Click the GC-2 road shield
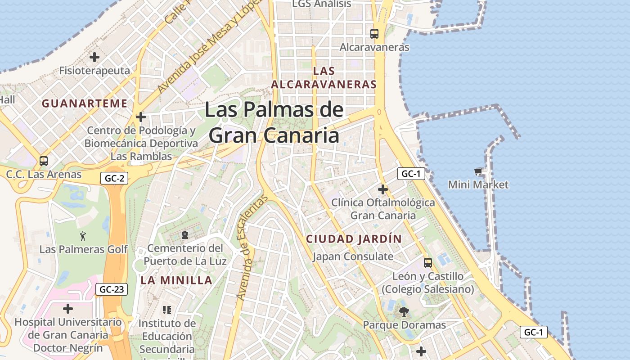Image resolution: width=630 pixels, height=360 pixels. tap(114, 178)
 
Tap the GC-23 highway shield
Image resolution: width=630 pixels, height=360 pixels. tap(112, 289)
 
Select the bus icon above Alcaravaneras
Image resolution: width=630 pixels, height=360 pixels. tap(374, 33)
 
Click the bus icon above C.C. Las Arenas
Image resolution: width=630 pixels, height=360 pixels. tap(44, 161)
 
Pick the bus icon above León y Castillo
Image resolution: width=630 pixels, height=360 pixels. tap(428, 262)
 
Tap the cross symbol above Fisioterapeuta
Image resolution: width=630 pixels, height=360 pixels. tap(94, 57)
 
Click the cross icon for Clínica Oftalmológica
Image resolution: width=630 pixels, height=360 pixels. tap(383, 189)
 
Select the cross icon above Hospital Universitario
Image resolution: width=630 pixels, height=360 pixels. tap(68, 309)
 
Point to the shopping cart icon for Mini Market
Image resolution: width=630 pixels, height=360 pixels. tap(478, 171)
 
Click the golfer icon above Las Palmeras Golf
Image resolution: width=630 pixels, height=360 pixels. tap(83, 236)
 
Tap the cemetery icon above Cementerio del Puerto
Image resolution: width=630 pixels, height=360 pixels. tap(184, 234)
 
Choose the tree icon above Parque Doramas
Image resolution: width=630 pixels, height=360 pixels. tap(404, 311)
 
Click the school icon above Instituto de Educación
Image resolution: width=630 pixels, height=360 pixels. tap(167, 310)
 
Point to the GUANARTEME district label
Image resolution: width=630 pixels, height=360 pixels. tap(85, 103)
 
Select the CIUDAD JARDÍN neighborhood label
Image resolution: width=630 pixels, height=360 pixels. tap(354, 239)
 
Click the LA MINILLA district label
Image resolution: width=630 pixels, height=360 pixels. tap(176, 280)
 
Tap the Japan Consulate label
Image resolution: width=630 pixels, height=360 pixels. tap(353, 256)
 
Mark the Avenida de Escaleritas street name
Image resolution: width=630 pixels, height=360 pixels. tap(251, 250)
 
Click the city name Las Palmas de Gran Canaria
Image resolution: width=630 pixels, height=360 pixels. tap(274, 122)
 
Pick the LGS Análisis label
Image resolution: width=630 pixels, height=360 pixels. tap(321, 4)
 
